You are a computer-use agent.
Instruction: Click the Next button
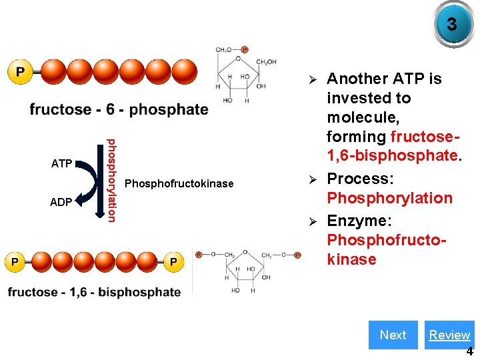tap(393, 335)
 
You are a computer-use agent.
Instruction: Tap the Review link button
tap(449, 335)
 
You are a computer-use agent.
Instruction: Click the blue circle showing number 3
tap(451, 25)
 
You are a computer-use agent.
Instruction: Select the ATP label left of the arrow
tap(61, 163)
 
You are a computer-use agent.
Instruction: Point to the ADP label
tap(61, 202)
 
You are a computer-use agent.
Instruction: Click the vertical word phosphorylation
tap(112, 179)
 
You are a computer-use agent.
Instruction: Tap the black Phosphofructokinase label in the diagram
tap(179, 183)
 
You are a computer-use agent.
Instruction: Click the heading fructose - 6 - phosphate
tap(119, 109)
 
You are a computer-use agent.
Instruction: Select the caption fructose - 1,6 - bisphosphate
tap(94, 292)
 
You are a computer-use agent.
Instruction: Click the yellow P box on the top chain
tap(21, 71)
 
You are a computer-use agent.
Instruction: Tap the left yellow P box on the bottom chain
tap(15, 262)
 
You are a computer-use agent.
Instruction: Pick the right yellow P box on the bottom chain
tap(173, 262)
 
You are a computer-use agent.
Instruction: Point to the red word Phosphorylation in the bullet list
tap(389, 198)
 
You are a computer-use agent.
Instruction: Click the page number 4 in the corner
tap(469, 352)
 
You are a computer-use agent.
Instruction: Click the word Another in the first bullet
tap(357, 79)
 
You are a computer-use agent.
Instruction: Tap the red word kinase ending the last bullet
tap(351, 259)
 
